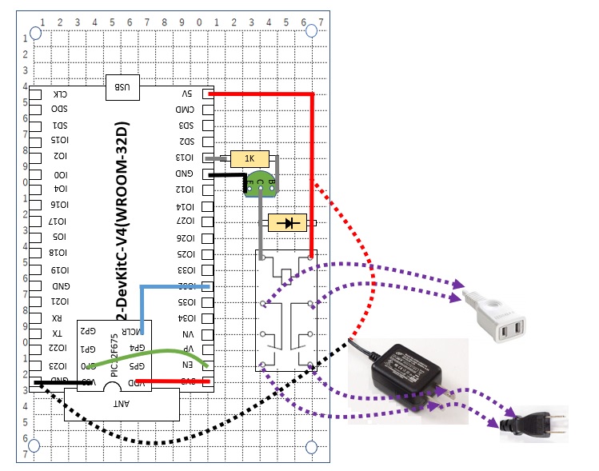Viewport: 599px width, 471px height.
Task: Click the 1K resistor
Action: coord(250,158)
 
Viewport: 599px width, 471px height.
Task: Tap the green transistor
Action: coord(259,185)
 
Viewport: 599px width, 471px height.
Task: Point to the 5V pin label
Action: coord(186,94)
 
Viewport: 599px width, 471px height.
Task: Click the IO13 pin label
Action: coord(186,158)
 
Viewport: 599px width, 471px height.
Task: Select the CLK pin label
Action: coord(60,94)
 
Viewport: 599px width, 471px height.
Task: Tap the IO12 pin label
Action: coord(186,190)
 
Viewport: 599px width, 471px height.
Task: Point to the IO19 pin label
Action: coord(59,269)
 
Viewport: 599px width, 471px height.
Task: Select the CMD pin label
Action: coord(186,110)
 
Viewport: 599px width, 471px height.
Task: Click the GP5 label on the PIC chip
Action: coord(136,365)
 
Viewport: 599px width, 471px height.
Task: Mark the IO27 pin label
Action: coord(186,222)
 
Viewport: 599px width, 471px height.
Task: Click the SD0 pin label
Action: coord(59,110)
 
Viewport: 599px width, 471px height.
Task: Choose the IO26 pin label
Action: coord(186,237)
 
